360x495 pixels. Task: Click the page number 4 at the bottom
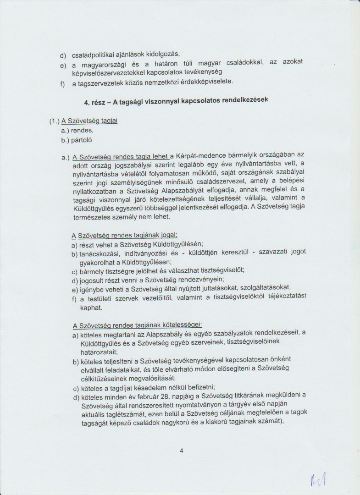tap(182, 451)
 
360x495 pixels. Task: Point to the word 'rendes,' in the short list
tap(83, 130)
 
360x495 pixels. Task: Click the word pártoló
tap(83, 139)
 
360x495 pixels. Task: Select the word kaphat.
tap(91, 308)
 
